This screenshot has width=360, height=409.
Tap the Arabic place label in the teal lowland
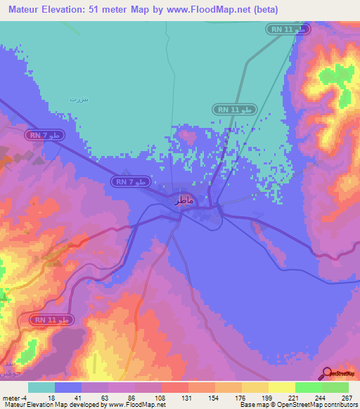(79, 100)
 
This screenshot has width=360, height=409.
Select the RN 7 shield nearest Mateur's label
(131, 182)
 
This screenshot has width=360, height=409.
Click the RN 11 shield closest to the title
(288, 29)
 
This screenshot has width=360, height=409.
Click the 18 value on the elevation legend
(51, 397)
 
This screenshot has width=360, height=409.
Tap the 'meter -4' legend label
(14, 397)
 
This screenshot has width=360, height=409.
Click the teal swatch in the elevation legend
(41, 387)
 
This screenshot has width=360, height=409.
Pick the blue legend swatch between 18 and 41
(68, 387)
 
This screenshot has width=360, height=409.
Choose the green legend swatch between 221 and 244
(309, 387)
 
